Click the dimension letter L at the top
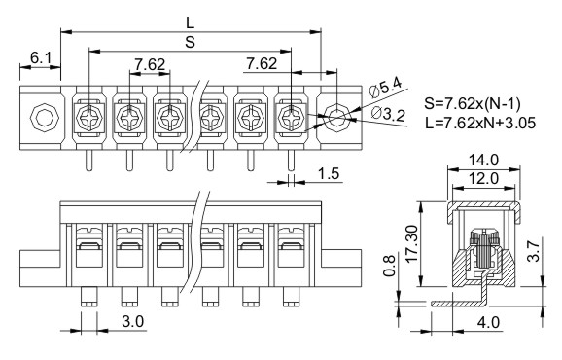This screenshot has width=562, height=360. [x=190, y=23]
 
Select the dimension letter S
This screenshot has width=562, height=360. [x=190, y=42]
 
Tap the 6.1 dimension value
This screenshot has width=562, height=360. [x=41, y=57]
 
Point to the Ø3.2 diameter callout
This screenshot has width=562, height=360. [x=389, y=114]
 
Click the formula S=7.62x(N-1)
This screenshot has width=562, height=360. [x=472, y=104]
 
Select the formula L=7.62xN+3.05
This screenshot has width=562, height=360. [x=480, y=123]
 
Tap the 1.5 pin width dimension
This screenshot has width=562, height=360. [x=329, y=173]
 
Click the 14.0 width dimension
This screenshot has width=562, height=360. [x=483, y=160]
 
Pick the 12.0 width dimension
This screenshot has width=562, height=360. [x=483, y=178]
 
